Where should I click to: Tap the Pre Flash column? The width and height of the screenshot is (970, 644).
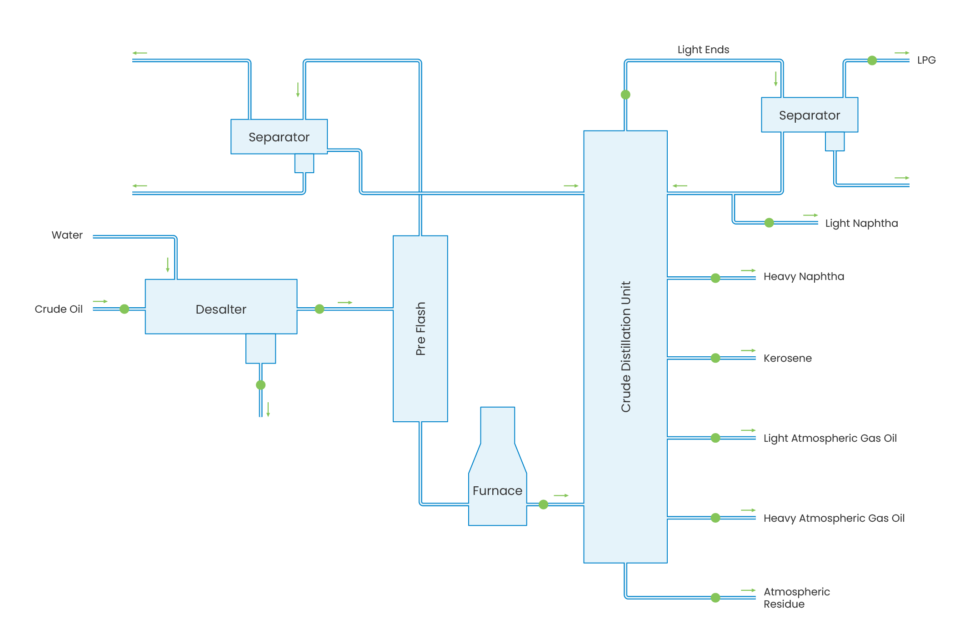420,328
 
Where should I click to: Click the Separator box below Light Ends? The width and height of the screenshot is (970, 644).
809,115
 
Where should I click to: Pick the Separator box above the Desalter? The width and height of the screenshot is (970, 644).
279,137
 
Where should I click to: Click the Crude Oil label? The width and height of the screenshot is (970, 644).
59,309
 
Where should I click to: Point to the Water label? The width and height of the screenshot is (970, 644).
67,235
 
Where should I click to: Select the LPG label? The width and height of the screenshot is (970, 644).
926,60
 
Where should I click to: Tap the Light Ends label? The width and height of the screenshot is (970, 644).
703,50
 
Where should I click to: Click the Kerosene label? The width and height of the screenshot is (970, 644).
787,358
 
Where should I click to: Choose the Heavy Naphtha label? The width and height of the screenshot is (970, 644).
804,276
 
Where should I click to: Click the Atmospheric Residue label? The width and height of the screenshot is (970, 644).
796,598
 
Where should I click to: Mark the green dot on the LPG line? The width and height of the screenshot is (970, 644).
872,60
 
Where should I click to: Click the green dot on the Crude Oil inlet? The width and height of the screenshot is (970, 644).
125,309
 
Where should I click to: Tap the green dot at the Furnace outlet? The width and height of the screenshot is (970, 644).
543,504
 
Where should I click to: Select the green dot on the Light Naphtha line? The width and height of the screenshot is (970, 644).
769,223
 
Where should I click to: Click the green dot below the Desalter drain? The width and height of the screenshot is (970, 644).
260,385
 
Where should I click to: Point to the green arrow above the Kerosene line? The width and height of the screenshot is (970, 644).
748,351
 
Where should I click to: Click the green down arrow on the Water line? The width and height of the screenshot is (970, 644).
168,265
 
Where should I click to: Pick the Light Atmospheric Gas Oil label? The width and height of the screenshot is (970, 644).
830,438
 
